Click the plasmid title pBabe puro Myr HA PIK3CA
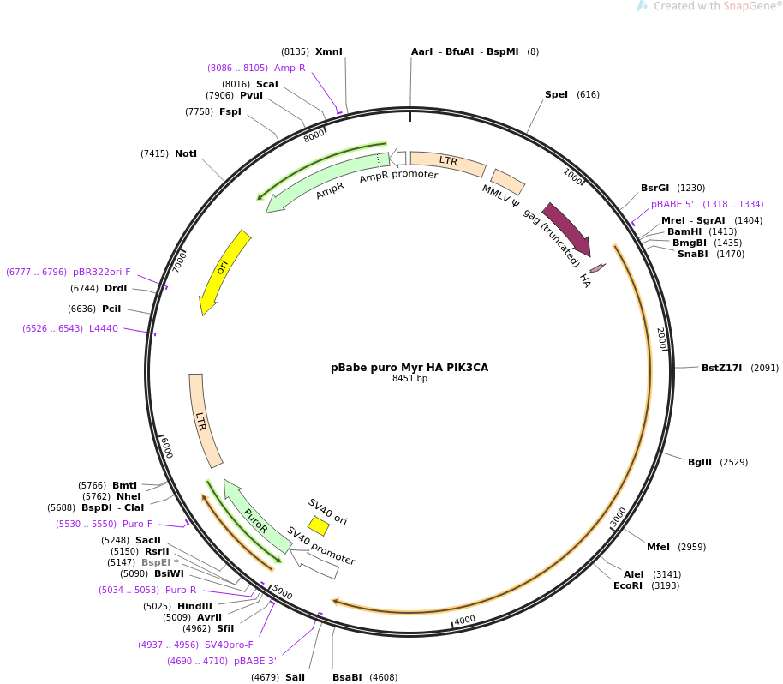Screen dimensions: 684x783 pos(409,367)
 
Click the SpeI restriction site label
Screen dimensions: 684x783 pos(556,94)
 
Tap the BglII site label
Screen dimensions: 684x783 pos(699,462)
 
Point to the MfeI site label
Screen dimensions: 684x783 pos(658,547)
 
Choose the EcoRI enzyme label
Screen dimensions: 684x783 pos(627,585)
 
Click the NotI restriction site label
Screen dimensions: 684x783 pos(185,153)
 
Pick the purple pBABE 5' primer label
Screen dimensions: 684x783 pos(672,204)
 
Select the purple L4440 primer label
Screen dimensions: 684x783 pos(104,328)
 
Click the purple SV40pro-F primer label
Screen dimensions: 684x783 pos(229,645)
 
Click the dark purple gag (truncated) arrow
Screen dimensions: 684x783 pos(567,229)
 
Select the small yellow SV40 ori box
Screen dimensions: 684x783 pos(318,525)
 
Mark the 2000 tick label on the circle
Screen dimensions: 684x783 pos(660,337)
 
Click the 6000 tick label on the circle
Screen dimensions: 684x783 pos(165,447)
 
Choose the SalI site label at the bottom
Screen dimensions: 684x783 pos(295,677)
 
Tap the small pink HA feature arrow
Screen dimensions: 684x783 pos(597,268)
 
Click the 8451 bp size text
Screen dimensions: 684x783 pos(409,378)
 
